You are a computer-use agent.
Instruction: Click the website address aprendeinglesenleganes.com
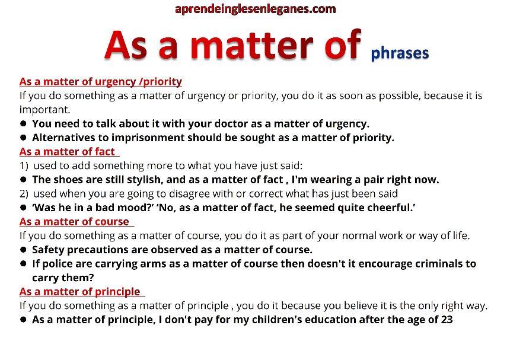(256, 9)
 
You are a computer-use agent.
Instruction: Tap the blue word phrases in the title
(400, 53)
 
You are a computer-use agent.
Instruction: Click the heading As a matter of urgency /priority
(100, 82)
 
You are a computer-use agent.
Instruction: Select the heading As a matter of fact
(67, 152)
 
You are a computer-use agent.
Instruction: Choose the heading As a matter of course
(74, 221)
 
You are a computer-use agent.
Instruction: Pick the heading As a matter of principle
(79, 292)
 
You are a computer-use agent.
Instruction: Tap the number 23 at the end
(447, 320)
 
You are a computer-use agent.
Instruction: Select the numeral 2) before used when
(24, 194)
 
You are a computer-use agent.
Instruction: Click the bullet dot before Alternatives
(23, 137)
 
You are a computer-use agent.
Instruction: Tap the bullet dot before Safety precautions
(23, 250)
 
